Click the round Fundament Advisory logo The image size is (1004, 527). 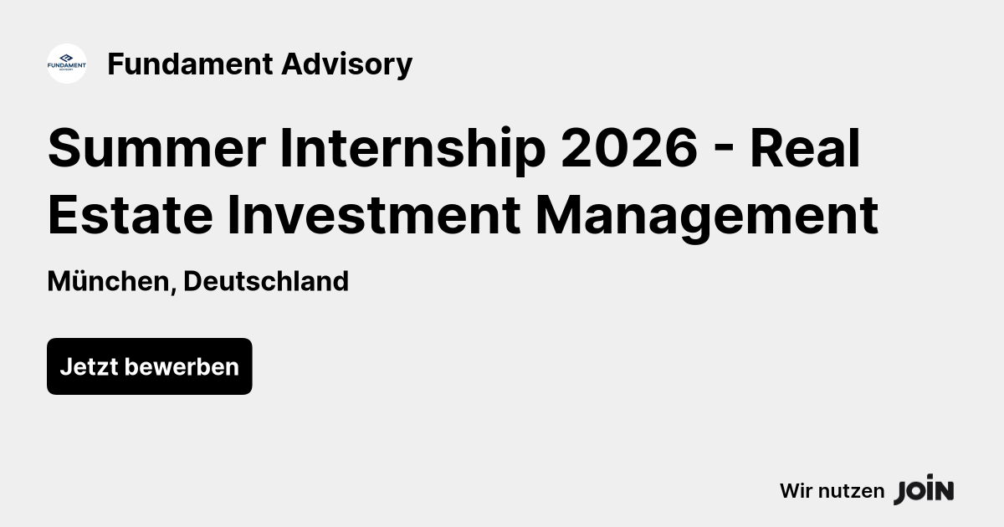click(x=67, y=64)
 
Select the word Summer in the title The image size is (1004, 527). click(x=156, y=149)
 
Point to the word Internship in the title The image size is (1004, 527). click(x=412, y=149)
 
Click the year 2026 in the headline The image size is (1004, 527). click(x=628, y=149)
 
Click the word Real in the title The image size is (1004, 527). click(x=805, y=149)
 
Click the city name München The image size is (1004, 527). click(x=108, y=281)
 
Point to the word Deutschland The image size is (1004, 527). click(x=266, y=281)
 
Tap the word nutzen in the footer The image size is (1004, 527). click(x=851, y=491)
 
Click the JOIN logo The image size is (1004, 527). click(x=924, y=490)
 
